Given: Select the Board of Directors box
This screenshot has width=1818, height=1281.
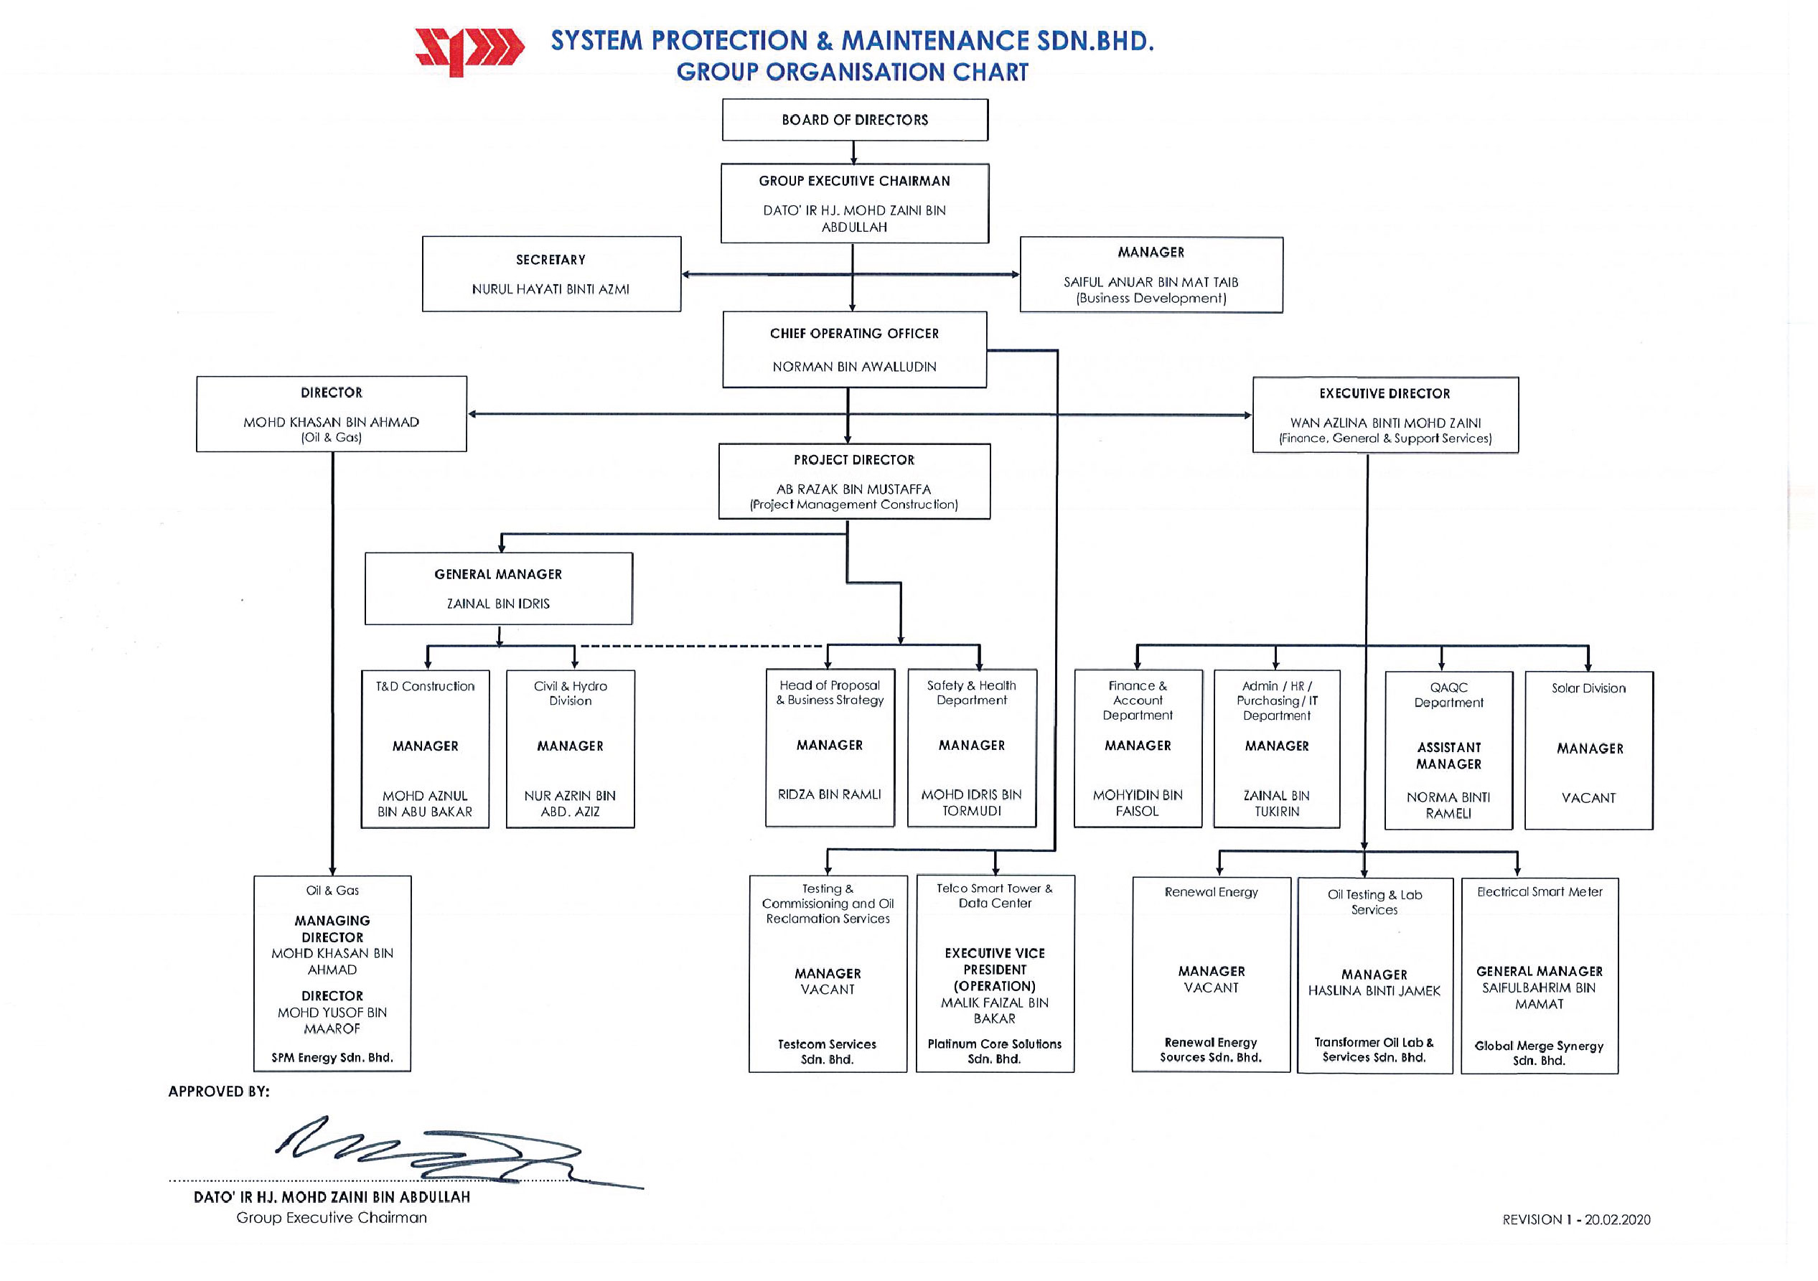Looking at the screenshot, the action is click(x=855, y=120).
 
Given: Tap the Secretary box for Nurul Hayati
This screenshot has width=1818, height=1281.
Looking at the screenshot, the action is click(x=551, y=274).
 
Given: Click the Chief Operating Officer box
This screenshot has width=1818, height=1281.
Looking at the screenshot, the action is click(x=854, y=349).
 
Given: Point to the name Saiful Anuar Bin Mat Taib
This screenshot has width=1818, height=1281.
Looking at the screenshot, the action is click(x=1151, y=282).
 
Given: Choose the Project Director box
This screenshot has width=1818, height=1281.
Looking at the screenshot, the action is click(x=854, y=482).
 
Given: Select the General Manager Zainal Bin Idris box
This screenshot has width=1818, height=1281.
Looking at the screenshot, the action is click(x=499, y=588).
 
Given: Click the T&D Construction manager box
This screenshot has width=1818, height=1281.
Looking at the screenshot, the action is click(x=425, y=749).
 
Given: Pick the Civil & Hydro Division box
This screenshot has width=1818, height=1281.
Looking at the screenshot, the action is click(x=570, y=749).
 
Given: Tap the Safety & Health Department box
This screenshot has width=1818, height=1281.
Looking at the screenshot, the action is click(x=972, y=749).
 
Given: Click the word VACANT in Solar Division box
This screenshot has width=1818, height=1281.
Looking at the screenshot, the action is click(x=1588, y=798).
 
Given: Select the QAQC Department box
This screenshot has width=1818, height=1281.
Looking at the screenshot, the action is click(x=1448, y=751).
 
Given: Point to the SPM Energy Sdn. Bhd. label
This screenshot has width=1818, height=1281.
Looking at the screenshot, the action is click(x=332, y=1058).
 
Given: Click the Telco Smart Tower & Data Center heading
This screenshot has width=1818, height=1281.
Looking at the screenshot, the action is click(x=995, y=896).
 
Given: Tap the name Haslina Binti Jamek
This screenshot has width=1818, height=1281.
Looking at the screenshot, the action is click(x=1374, y=991).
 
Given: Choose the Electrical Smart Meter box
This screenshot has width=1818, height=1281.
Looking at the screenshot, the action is click(x=1540, y=975).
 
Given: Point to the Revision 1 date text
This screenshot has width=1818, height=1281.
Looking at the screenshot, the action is click(x=1577, y=1220).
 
